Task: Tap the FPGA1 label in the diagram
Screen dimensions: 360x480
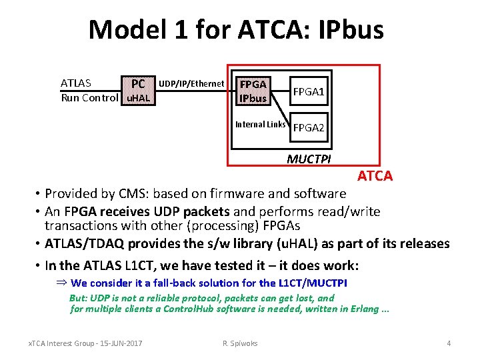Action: coord(309,91)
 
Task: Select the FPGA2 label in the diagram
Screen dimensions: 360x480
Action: coord(309,127)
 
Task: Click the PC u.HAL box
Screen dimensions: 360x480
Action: coord(137,91)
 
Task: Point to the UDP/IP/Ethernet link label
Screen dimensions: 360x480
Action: coord(191,83)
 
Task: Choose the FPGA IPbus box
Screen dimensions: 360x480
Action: coord(253,91)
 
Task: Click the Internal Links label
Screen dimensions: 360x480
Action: coord(261,124)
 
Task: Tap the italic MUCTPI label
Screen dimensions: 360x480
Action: coord(309,159)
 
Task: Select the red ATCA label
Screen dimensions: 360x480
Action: coord(375,177)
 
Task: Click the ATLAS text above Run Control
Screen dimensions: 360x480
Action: coord(76,83)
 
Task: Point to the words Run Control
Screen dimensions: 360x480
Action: coord(89,98)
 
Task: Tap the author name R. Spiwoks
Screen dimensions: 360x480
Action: coord(239,343)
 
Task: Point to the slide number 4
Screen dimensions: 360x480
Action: coord(449,343)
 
